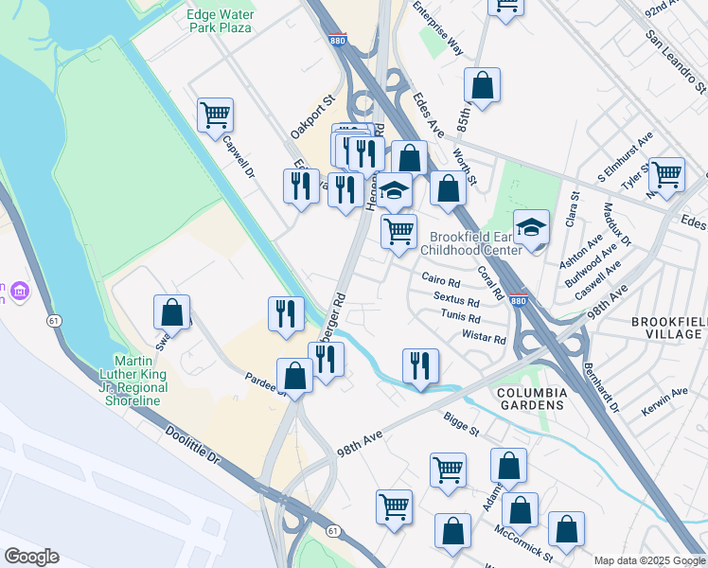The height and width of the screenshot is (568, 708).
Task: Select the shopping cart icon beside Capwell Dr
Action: pyautogui.click(x=216, y=115)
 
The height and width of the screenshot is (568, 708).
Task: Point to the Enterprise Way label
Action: pyautogui.click(x=438, y=28)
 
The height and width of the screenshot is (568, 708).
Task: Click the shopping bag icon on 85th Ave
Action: pyautogui.click(x=482, y=86)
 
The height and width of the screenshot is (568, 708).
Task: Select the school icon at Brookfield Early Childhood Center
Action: pyautogui.click(x=532, y=228)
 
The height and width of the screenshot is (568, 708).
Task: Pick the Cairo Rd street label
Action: pyautogui.click(x=441, y=282)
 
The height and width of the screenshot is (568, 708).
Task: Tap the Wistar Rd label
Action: pyautogui.click(x=484, y=338)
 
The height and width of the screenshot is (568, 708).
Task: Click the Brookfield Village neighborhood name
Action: pyautogui.click(x=669, y=328)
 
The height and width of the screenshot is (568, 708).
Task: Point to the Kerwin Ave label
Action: pyautogui.click(x=666, y=392)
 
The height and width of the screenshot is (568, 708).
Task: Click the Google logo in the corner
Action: pyautogui.click(x=31, y=556)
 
